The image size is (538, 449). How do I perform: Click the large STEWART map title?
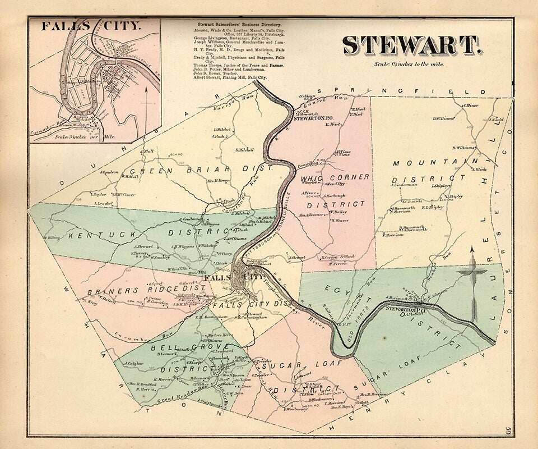pyautogui.click(x=411, y=45)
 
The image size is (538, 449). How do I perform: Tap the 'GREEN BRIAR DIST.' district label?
pyautogui.click(x=201, y=169)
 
